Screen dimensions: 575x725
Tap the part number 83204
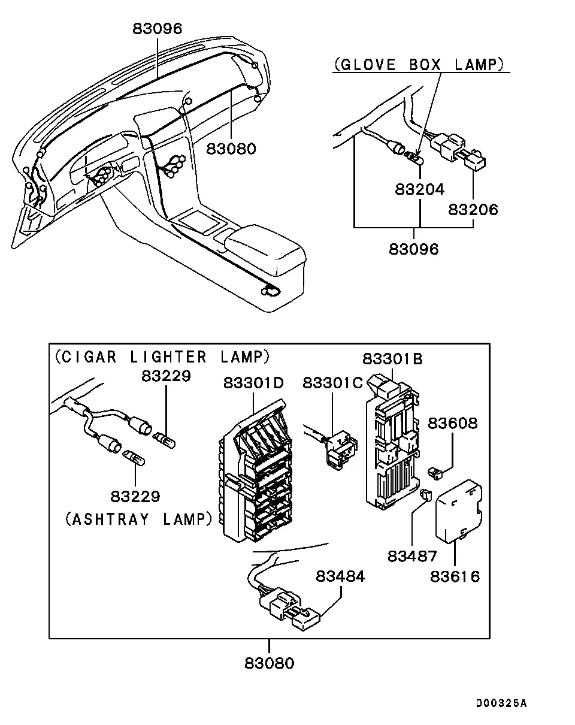coord(419,189)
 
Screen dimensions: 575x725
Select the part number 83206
coord(473,210)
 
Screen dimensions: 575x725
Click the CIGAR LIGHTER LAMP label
coord(162,357)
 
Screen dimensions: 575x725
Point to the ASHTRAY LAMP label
coord(139,519)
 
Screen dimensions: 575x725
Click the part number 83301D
coord(253,383)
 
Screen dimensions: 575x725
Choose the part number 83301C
coord(332,383)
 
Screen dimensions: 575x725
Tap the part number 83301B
coord(392,359)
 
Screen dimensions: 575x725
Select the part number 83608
coord(452,423)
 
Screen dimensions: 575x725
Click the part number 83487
coord(412,556)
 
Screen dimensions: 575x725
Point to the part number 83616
coord(455,576)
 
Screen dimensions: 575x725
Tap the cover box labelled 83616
coord(458,512)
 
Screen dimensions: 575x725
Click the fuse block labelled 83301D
coord(255,472)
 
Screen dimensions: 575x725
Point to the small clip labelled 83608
coord(435,473)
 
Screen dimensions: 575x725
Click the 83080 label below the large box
coord(269,663)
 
